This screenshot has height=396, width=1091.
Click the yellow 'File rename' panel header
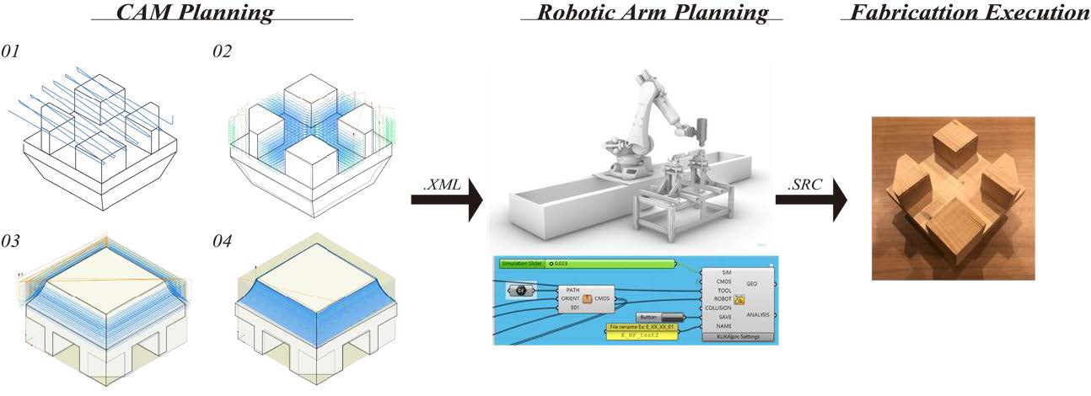coord(645,326)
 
